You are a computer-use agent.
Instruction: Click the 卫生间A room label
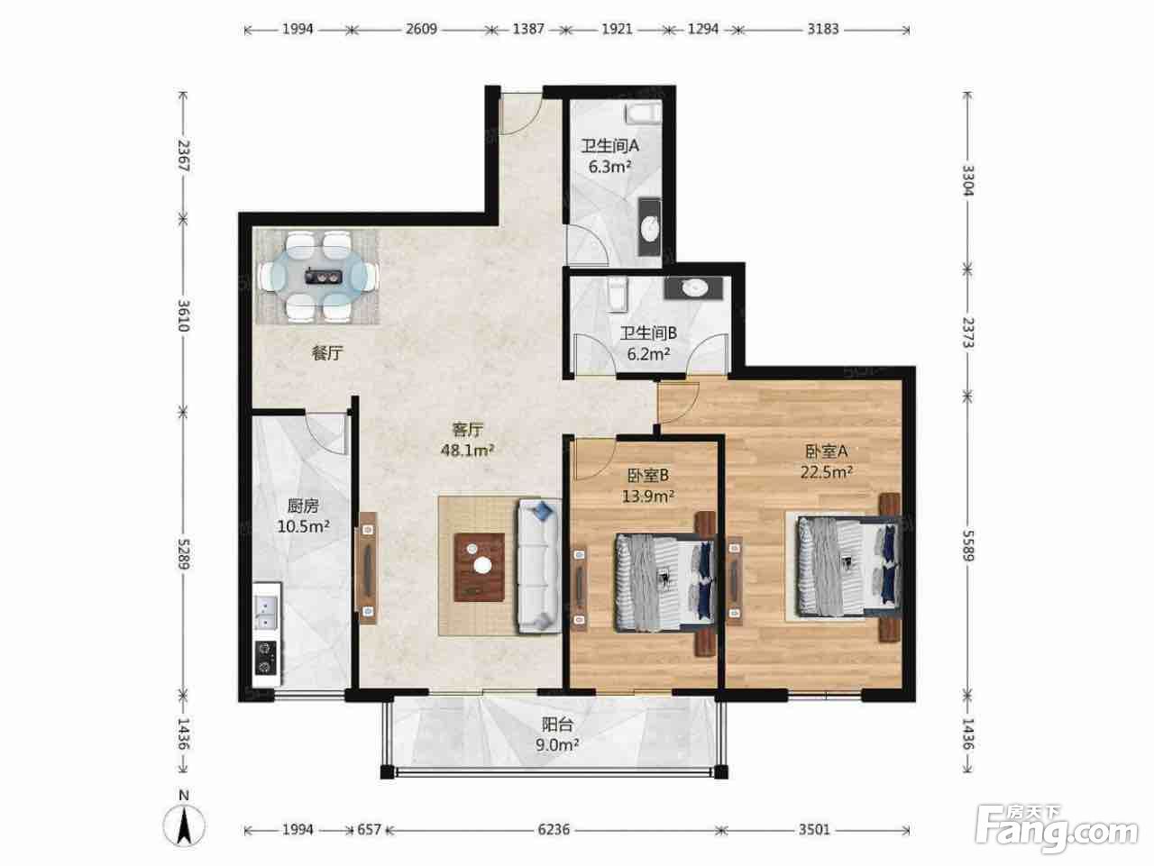(609, 146)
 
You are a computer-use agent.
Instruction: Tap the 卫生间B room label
(648, 333)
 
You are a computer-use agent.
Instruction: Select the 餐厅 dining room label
(327, 352)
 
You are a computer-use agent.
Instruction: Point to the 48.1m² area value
(467, 450)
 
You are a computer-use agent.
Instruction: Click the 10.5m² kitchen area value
(303, 525)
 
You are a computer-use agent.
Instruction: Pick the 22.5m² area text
(826, 472)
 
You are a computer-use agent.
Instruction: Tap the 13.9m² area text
(647, 496)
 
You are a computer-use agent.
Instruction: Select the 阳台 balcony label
(557, 725)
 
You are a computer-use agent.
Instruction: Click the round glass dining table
(319, 276)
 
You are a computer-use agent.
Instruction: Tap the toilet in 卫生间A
(643, 113)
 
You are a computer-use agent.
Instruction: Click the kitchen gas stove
(266, 657)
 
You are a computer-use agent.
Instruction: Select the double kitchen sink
(266, 612)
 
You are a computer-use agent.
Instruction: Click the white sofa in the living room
(539, 566)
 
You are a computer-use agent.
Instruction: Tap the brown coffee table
(480, 567)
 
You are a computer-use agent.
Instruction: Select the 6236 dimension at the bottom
(554, 830)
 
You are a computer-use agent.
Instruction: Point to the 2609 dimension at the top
(421, 29)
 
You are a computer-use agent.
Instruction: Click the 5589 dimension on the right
(967, 545)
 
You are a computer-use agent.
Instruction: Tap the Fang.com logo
(1056, 829)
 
